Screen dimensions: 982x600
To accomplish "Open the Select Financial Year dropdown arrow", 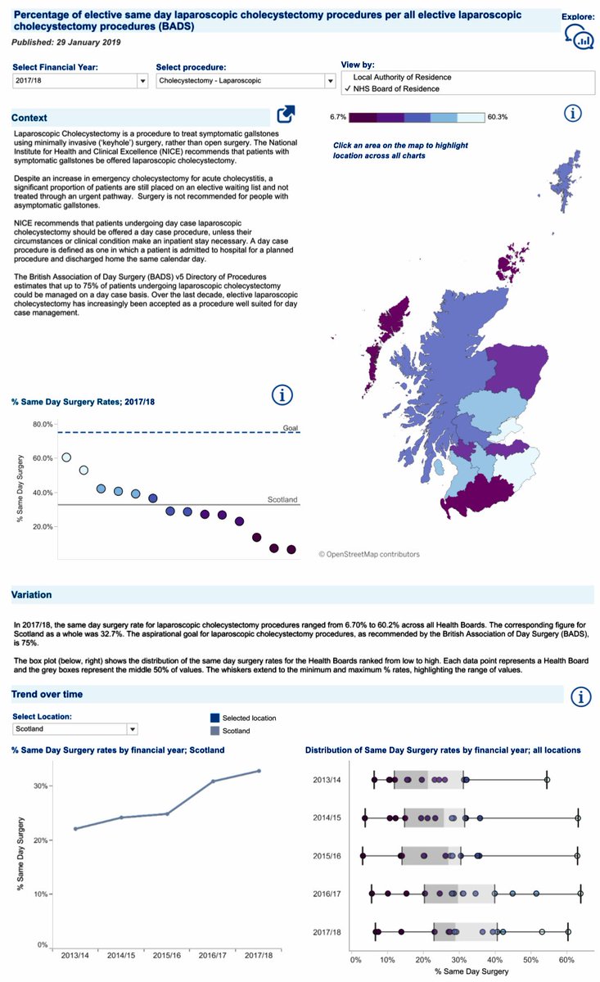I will click(143, 81).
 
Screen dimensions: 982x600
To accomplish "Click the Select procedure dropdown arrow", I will click(330, 81).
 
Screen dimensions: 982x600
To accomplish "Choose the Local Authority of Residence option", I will click(402, 78).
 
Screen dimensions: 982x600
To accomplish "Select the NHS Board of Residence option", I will click(396, 88).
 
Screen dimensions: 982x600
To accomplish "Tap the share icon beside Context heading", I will click(286, 115).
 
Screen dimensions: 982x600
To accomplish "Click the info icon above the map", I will click(574, 113).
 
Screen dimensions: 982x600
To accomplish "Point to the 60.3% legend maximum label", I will click(497, 117).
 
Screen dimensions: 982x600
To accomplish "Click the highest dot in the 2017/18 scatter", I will click(66, 457).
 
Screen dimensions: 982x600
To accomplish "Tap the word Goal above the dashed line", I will click(291, 427).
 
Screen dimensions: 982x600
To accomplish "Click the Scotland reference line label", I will click(283, 499).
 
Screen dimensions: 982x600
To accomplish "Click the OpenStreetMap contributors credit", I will click(369, 554).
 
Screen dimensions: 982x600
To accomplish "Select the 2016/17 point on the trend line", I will click(213, 782).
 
